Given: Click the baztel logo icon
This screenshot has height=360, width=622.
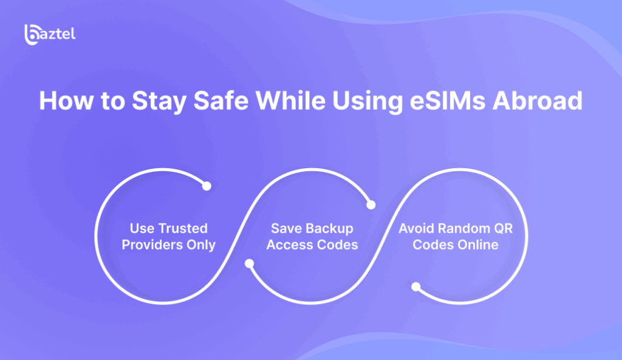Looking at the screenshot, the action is pyautogui.click(x=32, y=35).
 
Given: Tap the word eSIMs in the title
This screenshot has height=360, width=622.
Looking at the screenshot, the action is pyautogui.click(x=447, y=101).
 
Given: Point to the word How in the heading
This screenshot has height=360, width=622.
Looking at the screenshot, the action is pyautogui.click(x=66, y=101).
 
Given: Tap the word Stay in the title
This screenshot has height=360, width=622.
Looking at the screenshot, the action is pyautogui.click(x=159, y=102).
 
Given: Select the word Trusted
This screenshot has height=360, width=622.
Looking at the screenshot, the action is pyautogui.click(x=182, y=228).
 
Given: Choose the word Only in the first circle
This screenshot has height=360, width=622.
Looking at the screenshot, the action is pyautogui.click(x=201, y=245).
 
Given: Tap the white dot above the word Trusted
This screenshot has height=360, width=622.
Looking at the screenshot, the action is pyautogui.click(x=207, y=186).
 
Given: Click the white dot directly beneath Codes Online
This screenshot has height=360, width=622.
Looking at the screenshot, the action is pyautogui.click(x=415, y=287).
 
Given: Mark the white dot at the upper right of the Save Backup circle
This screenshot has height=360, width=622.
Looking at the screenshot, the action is pyautogui.click(x=371, y=205).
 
